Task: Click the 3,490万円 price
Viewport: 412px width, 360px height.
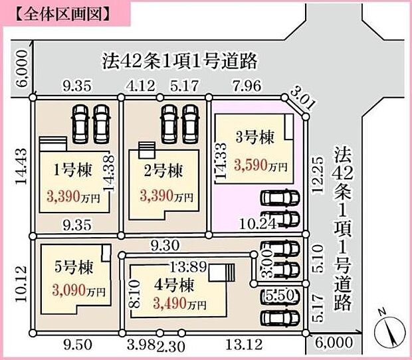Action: [x=179, y=304]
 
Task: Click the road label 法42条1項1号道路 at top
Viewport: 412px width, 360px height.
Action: [x=179, y=62]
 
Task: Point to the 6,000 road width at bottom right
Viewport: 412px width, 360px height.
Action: [x=331, y=343]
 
